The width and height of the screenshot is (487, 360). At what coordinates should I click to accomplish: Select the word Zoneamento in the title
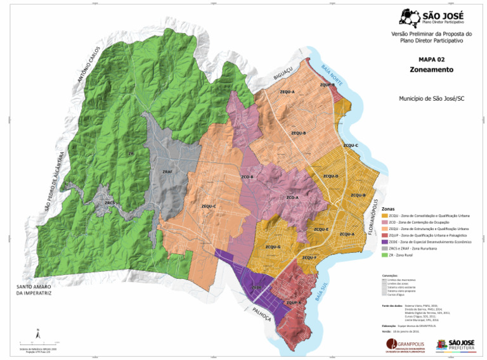(431, 69)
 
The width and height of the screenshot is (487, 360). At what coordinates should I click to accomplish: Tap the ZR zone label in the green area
(131, 153)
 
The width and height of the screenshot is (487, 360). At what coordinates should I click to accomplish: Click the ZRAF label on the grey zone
(167, 171)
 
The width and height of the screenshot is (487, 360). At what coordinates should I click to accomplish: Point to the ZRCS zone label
(110, 203)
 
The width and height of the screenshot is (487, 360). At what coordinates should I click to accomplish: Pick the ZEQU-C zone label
(209, 206)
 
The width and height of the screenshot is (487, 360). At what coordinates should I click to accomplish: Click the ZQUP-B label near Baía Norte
(327, 84)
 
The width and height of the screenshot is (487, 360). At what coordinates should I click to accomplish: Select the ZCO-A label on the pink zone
(292, 198)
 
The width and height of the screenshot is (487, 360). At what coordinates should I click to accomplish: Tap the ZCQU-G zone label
(273, 247)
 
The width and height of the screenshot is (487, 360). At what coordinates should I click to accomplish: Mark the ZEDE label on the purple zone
(256, 287)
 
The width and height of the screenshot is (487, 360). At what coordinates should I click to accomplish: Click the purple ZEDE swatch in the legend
(385, 241)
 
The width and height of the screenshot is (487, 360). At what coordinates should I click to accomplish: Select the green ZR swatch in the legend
(385, 255)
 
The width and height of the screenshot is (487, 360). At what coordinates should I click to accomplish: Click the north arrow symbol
(37, 331)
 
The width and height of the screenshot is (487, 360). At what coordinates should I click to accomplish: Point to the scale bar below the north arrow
(37, 342)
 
